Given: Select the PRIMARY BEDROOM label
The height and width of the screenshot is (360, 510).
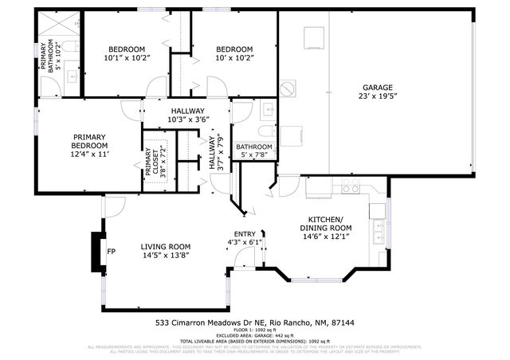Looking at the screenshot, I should [x=90, y=141].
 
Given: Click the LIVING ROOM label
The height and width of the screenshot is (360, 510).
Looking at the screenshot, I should [x=166, y=246].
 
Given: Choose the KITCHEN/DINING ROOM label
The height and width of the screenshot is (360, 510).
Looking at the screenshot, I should [x=326, y=223].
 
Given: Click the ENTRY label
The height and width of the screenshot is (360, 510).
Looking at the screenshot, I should [x=244, y=233].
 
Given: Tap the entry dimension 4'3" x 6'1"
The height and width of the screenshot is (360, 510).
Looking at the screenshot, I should [x=244, y=242].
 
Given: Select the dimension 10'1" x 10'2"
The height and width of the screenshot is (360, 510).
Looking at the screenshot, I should [x=127, y=57].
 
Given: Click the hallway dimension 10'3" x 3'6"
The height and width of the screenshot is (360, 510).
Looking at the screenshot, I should [x=187, y=119].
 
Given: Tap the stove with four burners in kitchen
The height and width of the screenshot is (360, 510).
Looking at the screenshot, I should [x=350, y=189].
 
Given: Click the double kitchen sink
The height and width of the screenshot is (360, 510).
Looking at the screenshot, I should [x=378, y=233].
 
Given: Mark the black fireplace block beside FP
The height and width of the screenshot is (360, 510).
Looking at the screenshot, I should [x=97, y=252].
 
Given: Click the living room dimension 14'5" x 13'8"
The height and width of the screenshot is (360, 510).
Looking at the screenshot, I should [x=166, y=256].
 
